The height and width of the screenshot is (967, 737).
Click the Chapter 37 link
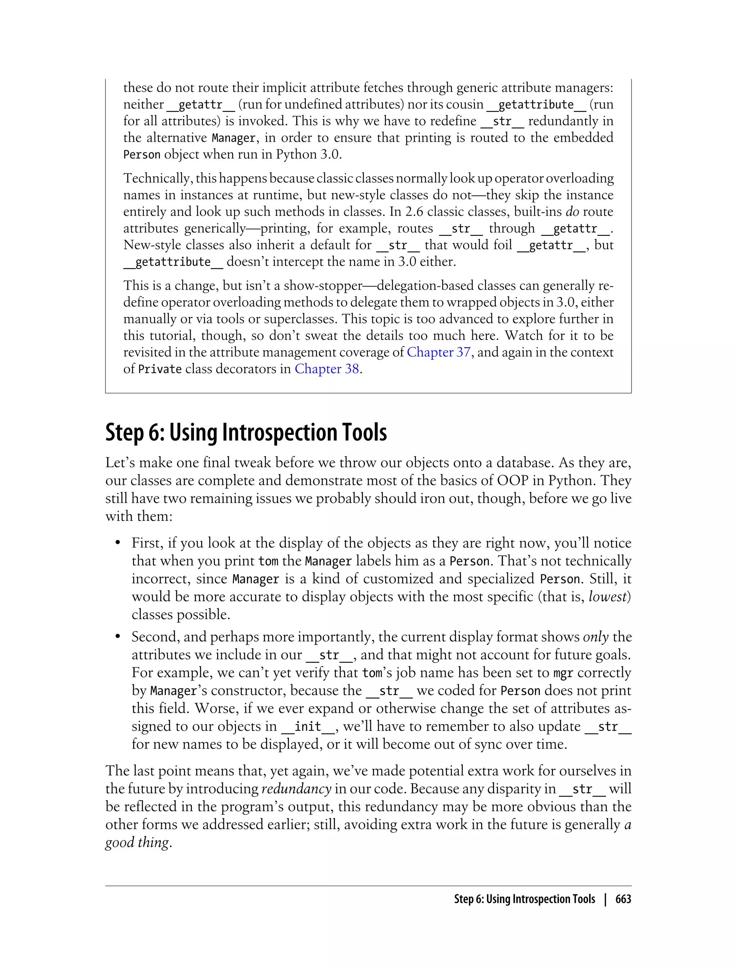[x=438, y=352]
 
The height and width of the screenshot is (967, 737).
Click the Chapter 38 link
[x=326, y=369]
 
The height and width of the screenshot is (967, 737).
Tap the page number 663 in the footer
[x=623, y=899]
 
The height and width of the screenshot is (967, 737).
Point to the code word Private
[x=160, y=369]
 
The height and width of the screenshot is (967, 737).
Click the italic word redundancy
[x=296, y=789]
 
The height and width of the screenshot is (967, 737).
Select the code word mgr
[x=563, y=673]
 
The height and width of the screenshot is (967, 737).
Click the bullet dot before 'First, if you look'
[x=118, y=543]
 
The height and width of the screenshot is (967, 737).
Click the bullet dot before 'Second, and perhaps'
[x=118, y=637]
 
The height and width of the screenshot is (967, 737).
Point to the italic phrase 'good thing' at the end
[x=137, y=843]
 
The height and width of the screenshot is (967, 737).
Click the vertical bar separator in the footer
[x=605, y=899]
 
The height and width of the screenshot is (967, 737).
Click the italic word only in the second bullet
[x=596, y=637]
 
